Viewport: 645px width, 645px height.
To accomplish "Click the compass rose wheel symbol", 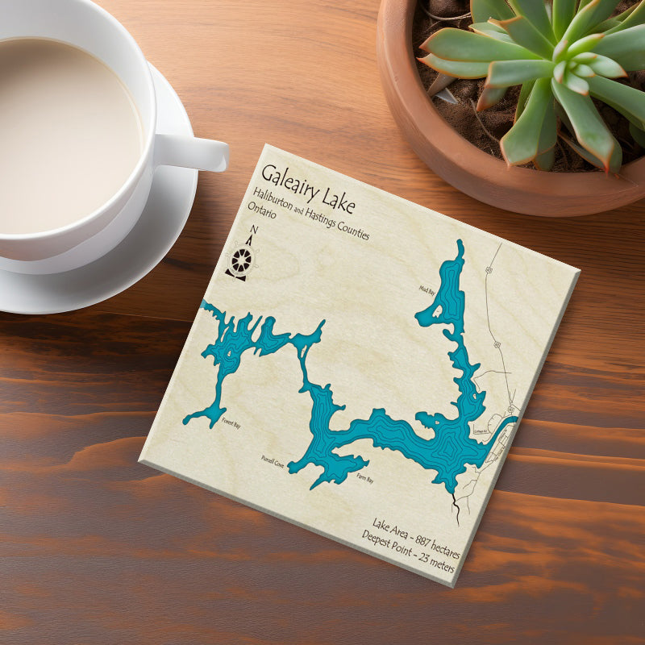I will point(240,260).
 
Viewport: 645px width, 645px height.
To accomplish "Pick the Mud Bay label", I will point(427,286).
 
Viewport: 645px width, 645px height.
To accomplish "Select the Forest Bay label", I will point(231,427).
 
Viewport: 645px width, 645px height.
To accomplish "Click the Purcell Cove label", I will point(273,459).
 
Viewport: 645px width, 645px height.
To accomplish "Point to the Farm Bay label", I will point(365,481).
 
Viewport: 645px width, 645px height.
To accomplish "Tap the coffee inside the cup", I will point(64,129).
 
